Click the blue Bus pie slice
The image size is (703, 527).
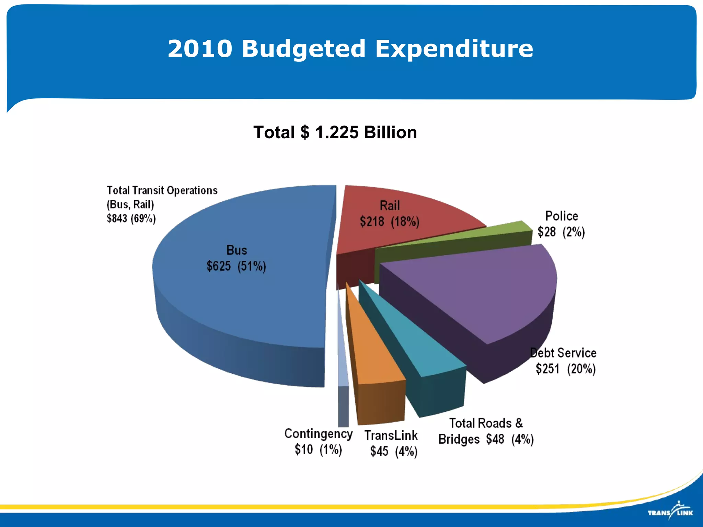(x=240, y=302)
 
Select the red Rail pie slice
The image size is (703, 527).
(x=405, y=237)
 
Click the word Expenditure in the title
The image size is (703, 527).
(x=454, y=49)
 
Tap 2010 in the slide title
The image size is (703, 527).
(x=200, y=49)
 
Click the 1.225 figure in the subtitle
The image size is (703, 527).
(x=337, y=132)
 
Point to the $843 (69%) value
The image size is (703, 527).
(x=131, y=219)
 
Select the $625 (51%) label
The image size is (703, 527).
(x=236, y=266)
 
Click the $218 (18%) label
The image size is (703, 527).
(x=390, y=222)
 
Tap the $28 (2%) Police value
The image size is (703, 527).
(x=561, y=232)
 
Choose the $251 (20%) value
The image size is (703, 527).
(x=565, y=369)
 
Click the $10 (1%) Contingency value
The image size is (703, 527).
(x=318, y=449)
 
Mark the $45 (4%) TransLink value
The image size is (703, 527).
(x=394, y=451)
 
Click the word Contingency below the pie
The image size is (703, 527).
(x=318, y=434)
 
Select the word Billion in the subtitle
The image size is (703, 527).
(x=390, y=132)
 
